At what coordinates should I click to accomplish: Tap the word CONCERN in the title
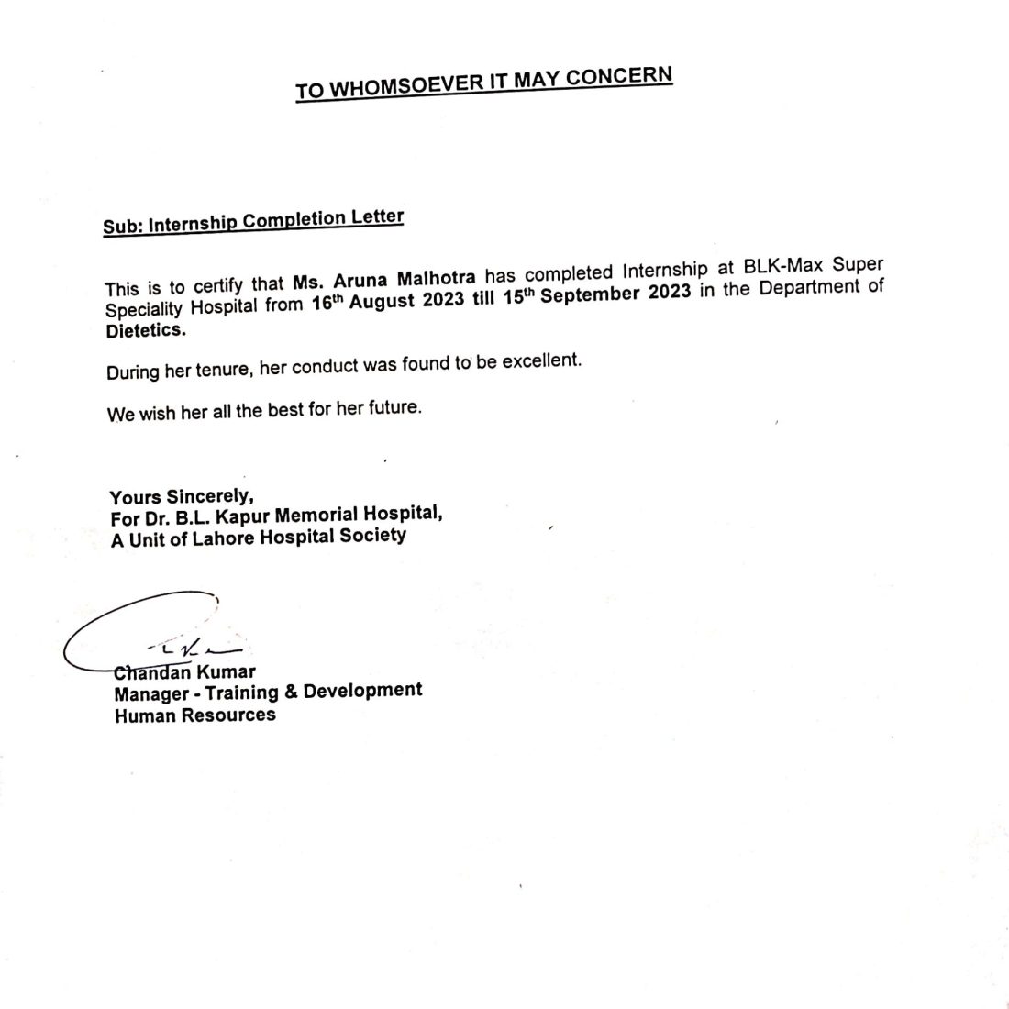pos(621,76)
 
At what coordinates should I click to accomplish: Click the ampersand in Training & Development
pos(289,692)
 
